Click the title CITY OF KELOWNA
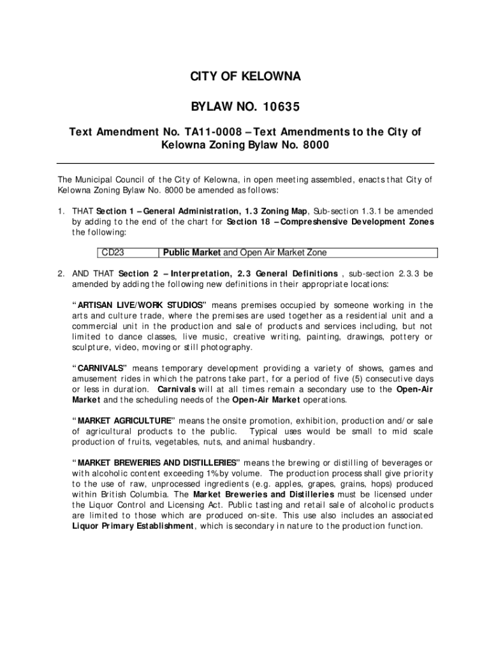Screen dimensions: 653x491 [x=245, y=77]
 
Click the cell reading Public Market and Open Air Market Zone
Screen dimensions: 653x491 [x=245, y=253]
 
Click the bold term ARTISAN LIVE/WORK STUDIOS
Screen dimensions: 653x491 [x=140, y=305]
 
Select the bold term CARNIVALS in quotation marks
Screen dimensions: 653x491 [x=102, y=368]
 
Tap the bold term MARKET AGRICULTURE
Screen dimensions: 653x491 [x=125, y=421]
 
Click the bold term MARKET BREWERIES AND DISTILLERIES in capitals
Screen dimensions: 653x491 [x=156, y=462]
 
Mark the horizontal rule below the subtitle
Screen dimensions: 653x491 [x=245, y=163]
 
